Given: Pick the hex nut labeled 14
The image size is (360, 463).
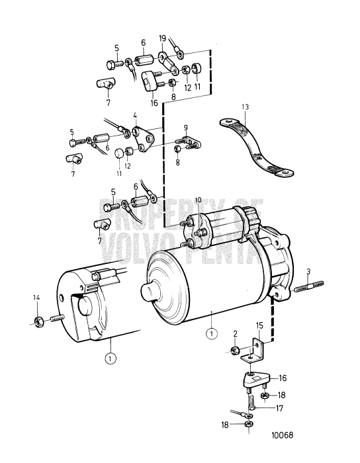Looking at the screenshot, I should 39,322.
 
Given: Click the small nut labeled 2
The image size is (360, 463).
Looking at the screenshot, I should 235,350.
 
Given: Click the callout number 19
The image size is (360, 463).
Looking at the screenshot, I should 162,39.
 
